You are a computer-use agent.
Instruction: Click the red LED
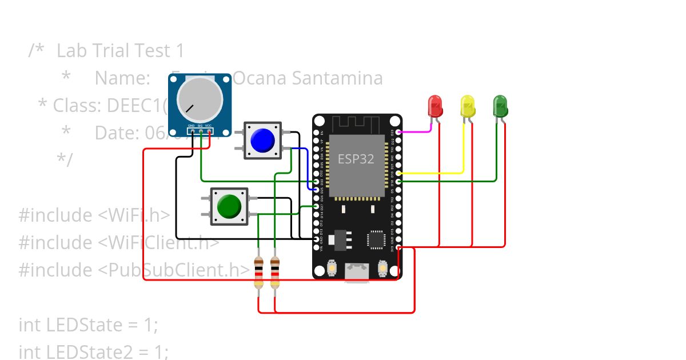coord(435,106)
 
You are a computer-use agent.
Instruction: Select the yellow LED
coord(468,106)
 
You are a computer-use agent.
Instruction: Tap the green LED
coord(500,106)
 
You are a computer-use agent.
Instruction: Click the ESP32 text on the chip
coord(356,159)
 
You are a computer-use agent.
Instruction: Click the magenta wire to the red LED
coord(413,131)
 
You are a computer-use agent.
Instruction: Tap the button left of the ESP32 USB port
coord(332,267)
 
